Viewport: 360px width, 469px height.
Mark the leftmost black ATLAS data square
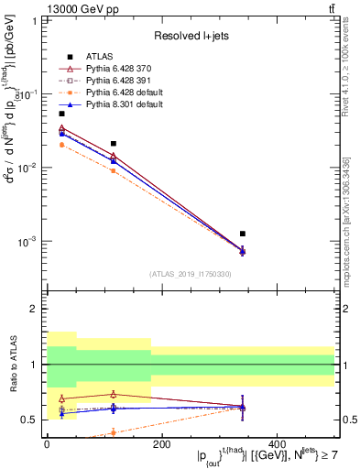click(61, 114)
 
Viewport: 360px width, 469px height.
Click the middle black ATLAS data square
click(114, 144)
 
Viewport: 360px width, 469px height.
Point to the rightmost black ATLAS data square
click(243, 234)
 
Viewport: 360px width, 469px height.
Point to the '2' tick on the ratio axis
click(35, 310)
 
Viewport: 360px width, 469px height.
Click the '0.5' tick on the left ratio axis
click(30, 420)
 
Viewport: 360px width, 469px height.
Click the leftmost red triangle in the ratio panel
click(61, 398)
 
